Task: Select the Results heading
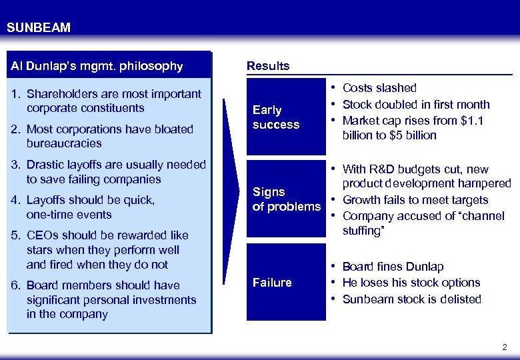point(268,66)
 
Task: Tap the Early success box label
point(276,117)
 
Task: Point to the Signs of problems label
point(286,199)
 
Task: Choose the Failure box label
point(272,283)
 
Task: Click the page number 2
point(504,347)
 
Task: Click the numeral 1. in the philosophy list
point(17,94)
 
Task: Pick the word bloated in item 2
point(173,129)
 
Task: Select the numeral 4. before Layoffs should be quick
point(17,200)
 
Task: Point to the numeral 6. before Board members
point(17,285)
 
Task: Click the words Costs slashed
point(379,88)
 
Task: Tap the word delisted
point(460,299)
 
